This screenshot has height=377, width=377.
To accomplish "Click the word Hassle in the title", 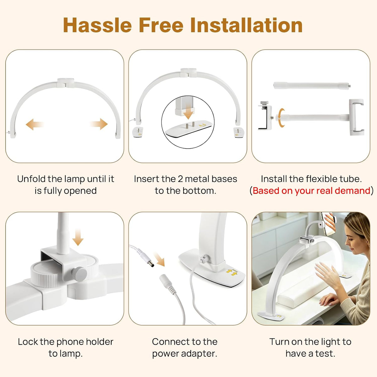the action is pos(97,25).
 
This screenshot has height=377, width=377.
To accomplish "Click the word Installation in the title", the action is pos(246,25).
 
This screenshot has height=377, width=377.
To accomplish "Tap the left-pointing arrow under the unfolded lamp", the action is pos(35,124).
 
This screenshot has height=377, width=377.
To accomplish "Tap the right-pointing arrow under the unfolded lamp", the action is pos(99,124).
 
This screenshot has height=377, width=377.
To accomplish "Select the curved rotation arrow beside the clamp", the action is pos(281,118).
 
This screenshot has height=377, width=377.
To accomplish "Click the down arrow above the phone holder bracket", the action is pos(78,237).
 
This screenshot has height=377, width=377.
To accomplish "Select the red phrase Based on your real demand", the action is pos(311,191).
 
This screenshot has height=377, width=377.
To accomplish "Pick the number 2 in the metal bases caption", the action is pos(180,179).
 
